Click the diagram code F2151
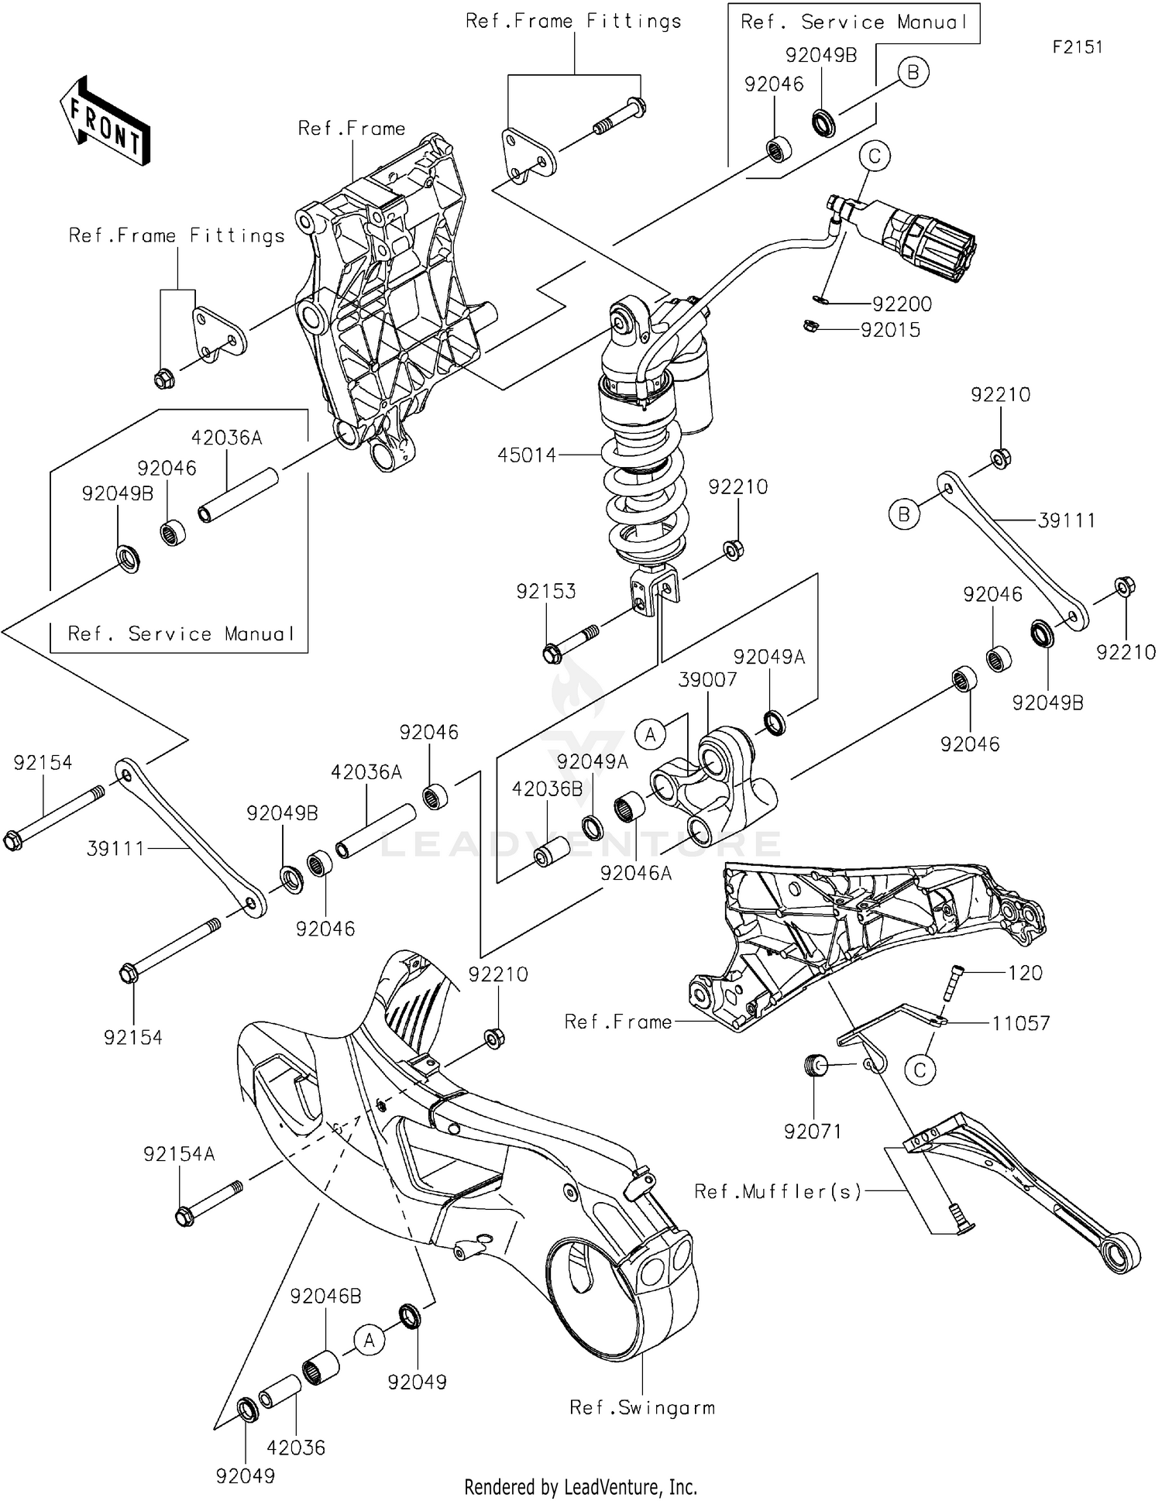(x=1077, y=47)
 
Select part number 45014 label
(x=527, y=455)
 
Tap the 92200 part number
(x=902, y=304)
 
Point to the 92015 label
(x=890, y=330)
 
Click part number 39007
(x=707, y=680)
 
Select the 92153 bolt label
(x=546, y=592)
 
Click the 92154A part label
(x=179, y=1155)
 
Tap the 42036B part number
(x=547, y=789)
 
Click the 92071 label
(x=813, y=1132)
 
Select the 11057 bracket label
(x=1020, y=1024)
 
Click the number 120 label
(x=1025, y=973)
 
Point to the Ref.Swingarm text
(x=642, y=1407)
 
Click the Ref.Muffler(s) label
(x=778, y=1192)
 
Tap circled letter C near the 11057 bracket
(x=920, y=1070)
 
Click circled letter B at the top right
(x=913, y=72)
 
